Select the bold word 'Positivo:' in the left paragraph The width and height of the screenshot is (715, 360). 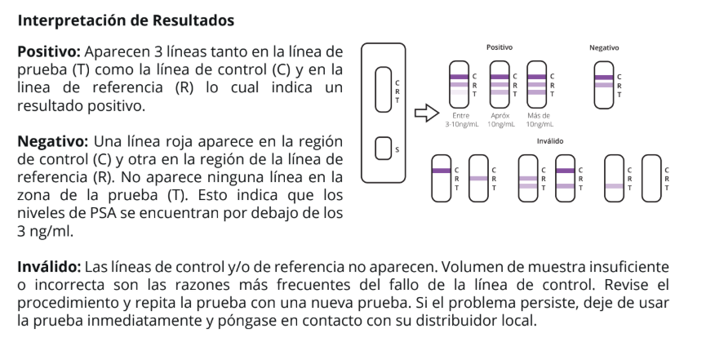pos(48,51)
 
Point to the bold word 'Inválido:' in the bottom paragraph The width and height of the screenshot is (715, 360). pos(49,268)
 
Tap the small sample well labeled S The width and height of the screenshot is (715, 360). pos(382,149)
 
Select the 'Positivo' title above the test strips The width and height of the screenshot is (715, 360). pos(500,47)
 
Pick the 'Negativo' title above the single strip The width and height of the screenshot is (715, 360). pos(604,47)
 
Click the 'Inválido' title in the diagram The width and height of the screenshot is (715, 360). pos(550,141)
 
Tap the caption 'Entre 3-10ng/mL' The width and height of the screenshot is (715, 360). pos(460,121)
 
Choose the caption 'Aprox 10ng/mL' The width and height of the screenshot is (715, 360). pos(500,121)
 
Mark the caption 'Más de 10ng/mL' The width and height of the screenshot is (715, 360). pos(540,121)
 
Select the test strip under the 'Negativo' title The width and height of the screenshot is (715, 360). pos(604,84)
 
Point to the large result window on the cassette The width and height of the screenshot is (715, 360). pos(382,89)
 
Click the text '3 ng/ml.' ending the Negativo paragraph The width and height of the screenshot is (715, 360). pos(46,232)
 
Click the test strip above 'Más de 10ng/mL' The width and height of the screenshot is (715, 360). pos(536,84)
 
